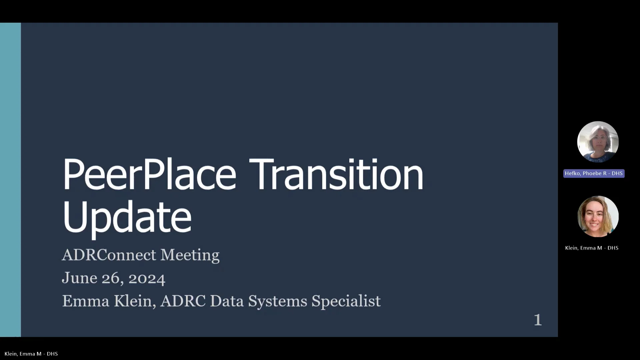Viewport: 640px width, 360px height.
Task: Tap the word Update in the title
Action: click(127, 217)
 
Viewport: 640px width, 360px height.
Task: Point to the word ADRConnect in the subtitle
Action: click(109, 255)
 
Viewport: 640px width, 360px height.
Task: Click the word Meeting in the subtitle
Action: click(190, 255)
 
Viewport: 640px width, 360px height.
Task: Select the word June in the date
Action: click(79, 278)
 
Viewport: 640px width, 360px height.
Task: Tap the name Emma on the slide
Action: click(86, 301)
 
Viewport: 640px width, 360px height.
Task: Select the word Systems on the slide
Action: click(278, 301)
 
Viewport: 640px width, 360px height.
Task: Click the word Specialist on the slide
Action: click(346, 301)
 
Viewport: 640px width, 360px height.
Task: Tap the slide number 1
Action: click(538, 320)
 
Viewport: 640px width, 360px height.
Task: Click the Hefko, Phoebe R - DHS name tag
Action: click(594, 173)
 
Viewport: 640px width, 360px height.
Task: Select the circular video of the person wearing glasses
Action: click(598, 142)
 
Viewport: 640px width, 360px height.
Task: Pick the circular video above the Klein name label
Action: click(598, 217)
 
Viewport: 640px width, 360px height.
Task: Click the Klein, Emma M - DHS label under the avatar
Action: click(592, 248)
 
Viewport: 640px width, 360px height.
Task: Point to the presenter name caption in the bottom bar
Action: click(31, 354)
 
